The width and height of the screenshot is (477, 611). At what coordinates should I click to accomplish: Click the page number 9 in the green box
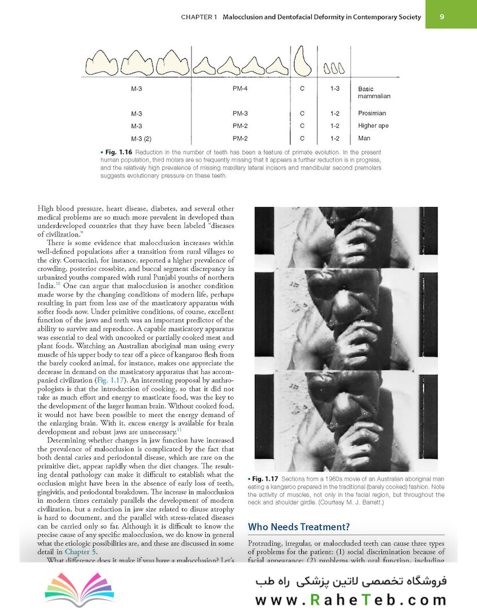[442, 17]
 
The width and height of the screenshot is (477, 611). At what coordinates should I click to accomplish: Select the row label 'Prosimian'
[372, 114]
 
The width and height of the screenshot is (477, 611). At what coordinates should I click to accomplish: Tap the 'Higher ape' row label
[373, 126]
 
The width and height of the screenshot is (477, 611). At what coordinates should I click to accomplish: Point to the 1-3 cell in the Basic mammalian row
[335, 89]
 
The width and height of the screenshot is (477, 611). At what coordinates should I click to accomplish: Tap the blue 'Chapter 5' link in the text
[80, 552]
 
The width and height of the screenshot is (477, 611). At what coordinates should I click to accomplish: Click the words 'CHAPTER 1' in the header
[199, 17]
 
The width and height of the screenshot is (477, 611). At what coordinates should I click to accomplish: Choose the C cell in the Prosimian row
[302, 114]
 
